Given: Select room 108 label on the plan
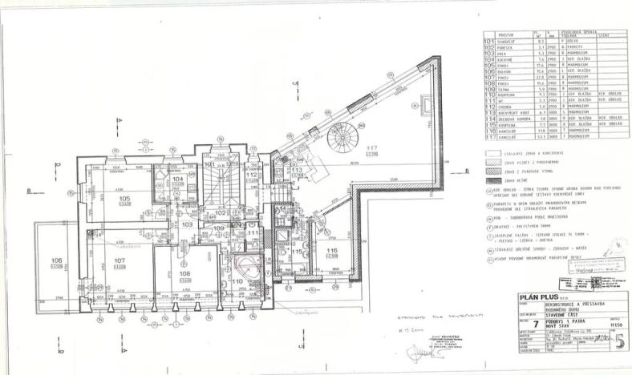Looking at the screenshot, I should (185, 274).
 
